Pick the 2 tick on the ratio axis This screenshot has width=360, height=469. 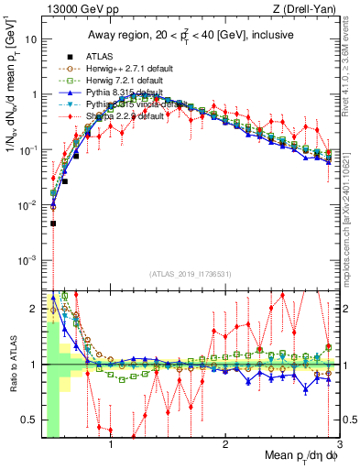[x=33, y=307]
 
